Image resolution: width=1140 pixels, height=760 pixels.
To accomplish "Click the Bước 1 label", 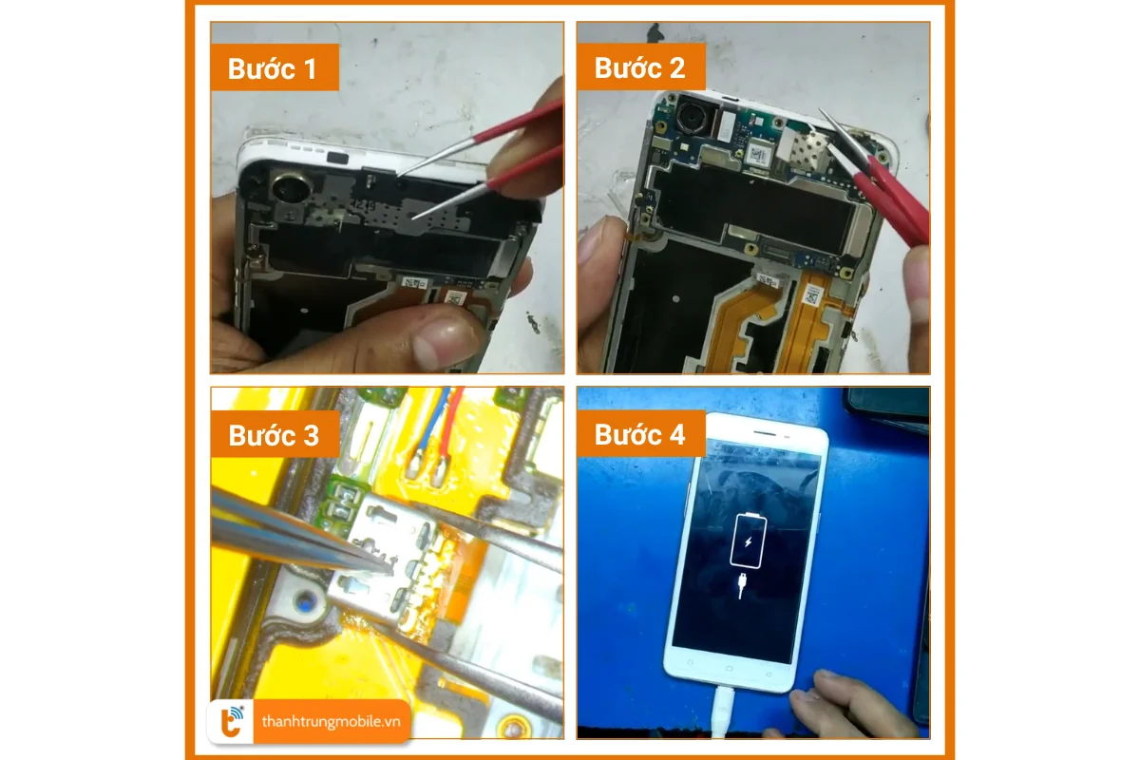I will [272, 68].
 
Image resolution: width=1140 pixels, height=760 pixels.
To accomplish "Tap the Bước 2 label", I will [638, 68].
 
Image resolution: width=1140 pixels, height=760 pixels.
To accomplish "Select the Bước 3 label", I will [273, 435].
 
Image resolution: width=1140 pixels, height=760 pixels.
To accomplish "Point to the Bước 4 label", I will [639, 435].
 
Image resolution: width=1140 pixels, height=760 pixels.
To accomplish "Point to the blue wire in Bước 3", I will [427, 427].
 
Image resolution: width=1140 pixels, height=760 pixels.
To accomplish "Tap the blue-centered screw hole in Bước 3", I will [305, 600].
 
